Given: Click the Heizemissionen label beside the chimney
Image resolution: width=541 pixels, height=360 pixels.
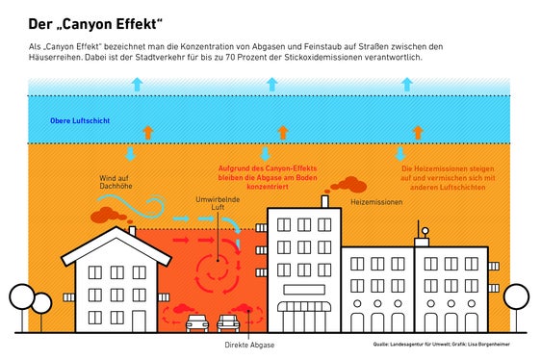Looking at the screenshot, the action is (x=375, y=203).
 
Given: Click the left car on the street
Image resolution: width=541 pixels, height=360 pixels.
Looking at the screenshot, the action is (x=196, y=322).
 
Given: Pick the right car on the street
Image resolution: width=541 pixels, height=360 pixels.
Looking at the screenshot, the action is (x=231, y=322).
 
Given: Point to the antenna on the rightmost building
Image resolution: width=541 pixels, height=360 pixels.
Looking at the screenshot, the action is (x=421, y=232).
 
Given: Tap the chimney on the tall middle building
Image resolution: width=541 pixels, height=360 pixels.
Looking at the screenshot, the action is (x=325, y=202).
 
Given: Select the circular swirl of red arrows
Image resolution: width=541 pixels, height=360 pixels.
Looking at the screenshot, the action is (x=216, y=270).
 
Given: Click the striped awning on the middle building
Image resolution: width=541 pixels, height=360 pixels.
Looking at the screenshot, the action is (x=303, y=307).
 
